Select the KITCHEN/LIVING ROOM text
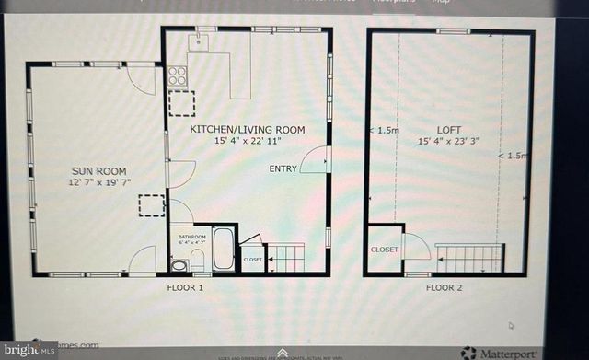click(247, 130)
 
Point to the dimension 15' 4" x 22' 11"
click(247, 142)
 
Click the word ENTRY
click(283, 169)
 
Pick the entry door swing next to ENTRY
click(315, 160)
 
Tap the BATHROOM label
click(192, 237)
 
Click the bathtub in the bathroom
click(224, 249)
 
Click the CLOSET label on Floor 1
click(252, 260)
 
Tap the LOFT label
click(449, 130)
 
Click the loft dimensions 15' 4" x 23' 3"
click(449, 142)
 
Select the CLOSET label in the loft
click(384, 250)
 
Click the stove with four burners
click(178, 75)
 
